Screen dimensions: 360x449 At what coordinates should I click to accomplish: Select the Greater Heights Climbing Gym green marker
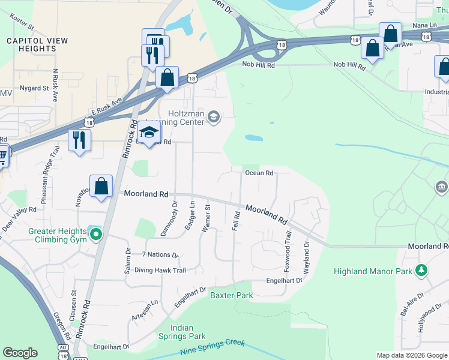click(94, 235)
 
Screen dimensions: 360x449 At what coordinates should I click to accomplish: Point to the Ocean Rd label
click(259, 173)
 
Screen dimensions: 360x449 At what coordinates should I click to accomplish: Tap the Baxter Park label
click(231, 295)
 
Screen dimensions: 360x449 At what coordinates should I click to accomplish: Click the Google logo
click(20, 353)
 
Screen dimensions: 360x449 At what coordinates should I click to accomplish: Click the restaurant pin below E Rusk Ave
click(79, 140)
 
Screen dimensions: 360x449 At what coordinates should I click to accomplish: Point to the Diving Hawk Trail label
click(160, 271)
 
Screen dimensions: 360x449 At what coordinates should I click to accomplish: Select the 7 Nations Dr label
click(160, 255)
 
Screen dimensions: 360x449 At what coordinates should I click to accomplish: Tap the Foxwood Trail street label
click(289, 253)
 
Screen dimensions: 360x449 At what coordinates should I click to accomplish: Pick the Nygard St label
click(34, 88)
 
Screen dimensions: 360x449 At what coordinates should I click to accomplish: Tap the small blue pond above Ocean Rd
click(253, 137)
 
